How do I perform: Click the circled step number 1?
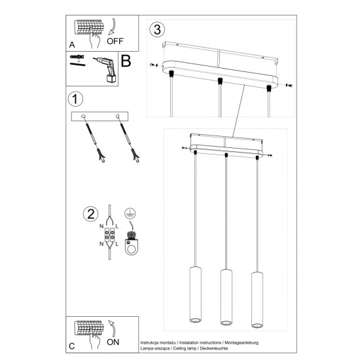(x=77, y=100)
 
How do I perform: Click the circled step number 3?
(x=156, y=29)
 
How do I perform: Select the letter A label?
(x=71, y=45)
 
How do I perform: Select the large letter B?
(x=126, y=63)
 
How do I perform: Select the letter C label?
(x=71, y=345)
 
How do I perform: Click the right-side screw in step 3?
(x=289, y=84)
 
